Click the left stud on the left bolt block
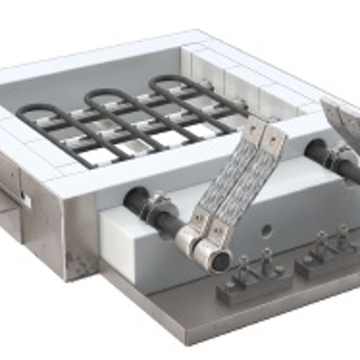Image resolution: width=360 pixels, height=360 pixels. click(x=243, y=266)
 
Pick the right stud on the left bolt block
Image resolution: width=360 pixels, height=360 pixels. click(x=267, y=258)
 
